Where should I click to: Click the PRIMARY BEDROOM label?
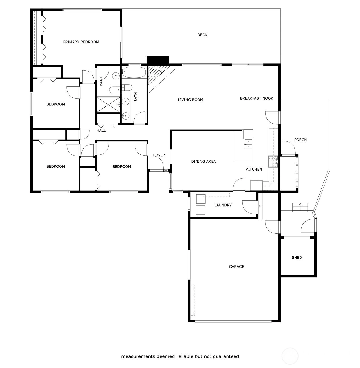[x=81, y=42]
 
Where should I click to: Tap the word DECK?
[x=202, y=35]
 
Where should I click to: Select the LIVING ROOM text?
[x=191, y=100]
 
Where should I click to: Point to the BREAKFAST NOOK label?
[x=256, y=98]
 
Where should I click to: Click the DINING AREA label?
[x=203, y=161]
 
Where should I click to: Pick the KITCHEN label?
[x=254, y=170]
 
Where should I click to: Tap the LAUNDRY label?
[x=223, y=205]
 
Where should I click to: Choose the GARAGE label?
[x=236, y=267]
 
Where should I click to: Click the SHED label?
[x=297, y=258]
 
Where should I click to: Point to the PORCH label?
[x=300, y=140]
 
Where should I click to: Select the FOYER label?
[x=159, y=155]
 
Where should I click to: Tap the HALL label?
[x=101, y=130]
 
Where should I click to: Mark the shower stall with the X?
[x=108, y=105]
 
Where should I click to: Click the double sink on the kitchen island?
[x=248, y=144]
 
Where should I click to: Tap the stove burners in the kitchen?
[x=273, y=162]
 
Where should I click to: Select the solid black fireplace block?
[x=158, y=60]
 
